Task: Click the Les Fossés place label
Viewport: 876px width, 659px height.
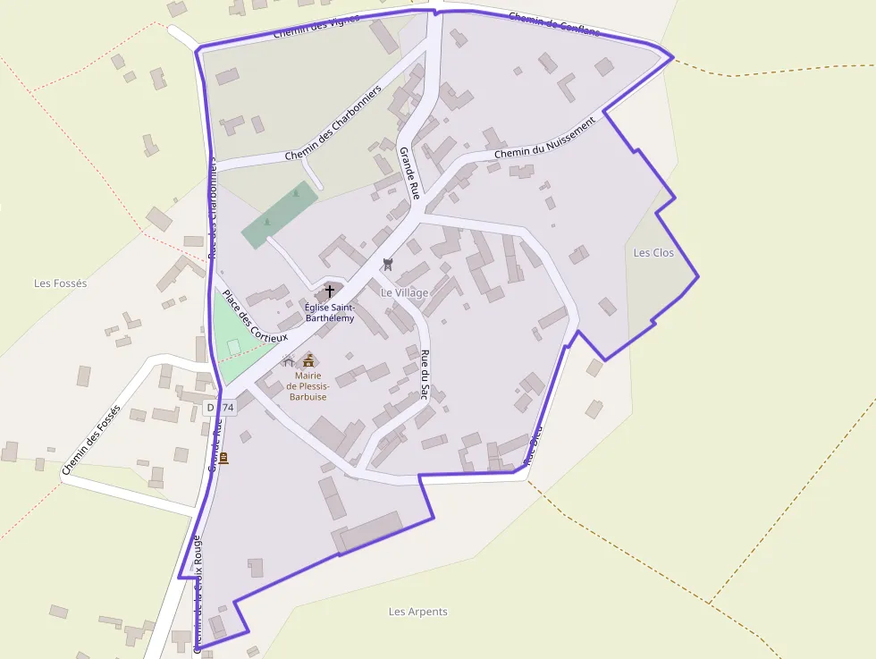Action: click(61, 283)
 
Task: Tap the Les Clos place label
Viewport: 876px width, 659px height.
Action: click(653, 253)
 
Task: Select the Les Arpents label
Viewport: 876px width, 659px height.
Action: click(418, 612)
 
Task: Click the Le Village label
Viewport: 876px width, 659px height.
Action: click(405, 292)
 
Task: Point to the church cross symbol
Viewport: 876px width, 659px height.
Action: click(330, 291)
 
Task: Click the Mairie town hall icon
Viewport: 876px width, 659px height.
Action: click(309, 359)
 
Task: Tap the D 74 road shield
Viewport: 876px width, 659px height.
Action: click(220, 408)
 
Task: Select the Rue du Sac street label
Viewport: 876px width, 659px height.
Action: click(425, 373)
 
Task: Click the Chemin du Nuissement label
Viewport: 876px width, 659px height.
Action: click(544, 140)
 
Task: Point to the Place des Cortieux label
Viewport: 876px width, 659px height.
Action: click(256, 317)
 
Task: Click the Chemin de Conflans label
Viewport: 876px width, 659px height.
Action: click(554, 24)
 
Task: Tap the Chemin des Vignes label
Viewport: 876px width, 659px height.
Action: click(316, 26)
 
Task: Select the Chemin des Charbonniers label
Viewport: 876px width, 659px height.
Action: click(333, 123)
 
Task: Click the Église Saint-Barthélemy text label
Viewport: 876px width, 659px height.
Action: click(330, 312)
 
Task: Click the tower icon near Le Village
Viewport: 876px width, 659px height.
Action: click(388, 264)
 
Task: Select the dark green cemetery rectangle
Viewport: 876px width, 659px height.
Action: click(280, 215)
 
